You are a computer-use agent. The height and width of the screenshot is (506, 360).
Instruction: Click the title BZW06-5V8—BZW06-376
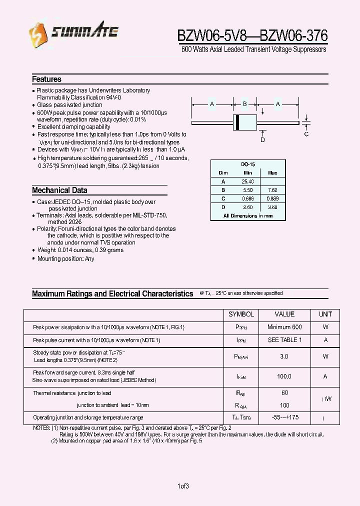pos(252,35)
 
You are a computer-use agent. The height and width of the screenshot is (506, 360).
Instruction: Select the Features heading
pos(46,79)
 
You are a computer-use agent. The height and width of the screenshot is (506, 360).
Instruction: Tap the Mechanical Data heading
pos(59,190)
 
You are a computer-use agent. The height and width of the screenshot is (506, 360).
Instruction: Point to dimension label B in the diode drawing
pos(245,104)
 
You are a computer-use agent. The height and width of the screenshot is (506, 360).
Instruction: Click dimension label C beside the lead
pos(306,133)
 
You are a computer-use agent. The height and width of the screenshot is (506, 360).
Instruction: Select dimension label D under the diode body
pos(262,140)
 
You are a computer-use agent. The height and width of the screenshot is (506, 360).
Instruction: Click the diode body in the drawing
pos(245,122)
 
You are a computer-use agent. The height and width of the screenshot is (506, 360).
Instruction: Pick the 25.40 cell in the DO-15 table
pos(247,181)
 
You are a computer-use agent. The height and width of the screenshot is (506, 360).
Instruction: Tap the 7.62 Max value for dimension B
pos(272,190)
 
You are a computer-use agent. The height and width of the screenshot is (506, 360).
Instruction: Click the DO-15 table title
pos(248,164)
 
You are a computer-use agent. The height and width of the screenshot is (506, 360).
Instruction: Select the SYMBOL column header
pos(241,314)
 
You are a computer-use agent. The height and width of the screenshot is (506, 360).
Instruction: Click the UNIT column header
pos(325,314)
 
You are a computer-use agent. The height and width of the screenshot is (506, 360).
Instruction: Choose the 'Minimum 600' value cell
pos(284,327)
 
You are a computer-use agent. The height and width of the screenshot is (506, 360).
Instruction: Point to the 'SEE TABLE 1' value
pos(284,340)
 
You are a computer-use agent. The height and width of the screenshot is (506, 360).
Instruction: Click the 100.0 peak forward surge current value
pos(284,376)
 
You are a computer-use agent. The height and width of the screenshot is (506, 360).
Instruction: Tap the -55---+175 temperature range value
pos(284,417)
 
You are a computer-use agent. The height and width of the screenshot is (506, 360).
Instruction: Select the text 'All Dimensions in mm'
pos(248,215)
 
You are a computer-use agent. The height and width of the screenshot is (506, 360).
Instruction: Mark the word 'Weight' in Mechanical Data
pos(46,250)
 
